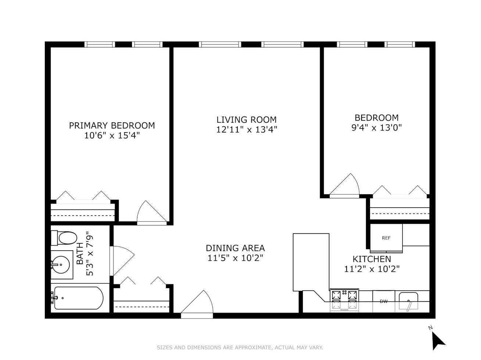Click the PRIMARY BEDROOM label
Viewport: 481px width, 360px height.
point(112,126)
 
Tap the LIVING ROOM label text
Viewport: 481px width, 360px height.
point(247,120)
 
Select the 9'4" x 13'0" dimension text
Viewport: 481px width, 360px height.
point(377,127)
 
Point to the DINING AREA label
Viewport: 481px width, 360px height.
point(235,248)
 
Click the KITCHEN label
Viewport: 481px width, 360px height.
point(371,259)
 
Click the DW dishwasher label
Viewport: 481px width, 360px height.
point(384,301)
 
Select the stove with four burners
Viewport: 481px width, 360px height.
point(344,300)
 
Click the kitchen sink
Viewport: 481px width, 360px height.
point(408,301)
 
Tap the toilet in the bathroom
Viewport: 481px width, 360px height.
point(64,238)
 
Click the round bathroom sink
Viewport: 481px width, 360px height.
point(61,265)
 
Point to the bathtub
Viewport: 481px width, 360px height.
point(78,298)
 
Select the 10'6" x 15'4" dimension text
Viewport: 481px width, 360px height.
point(112,136)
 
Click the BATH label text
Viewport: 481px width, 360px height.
point(80,253)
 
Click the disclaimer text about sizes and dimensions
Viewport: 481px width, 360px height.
point(240,348)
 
